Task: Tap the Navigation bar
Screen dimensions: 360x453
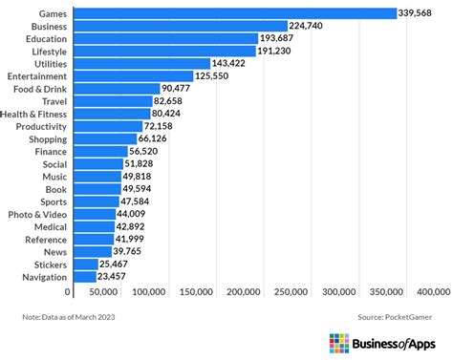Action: (83, 276)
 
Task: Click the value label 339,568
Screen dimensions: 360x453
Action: (422, 13)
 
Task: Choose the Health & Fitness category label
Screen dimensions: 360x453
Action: (34, 113)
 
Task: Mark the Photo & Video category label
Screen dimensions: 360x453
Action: (37, 213)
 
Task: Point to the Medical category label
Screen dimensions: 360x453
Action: (49, 226)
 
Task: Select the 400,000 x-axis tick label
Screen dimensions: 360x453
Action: (433, 291)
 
